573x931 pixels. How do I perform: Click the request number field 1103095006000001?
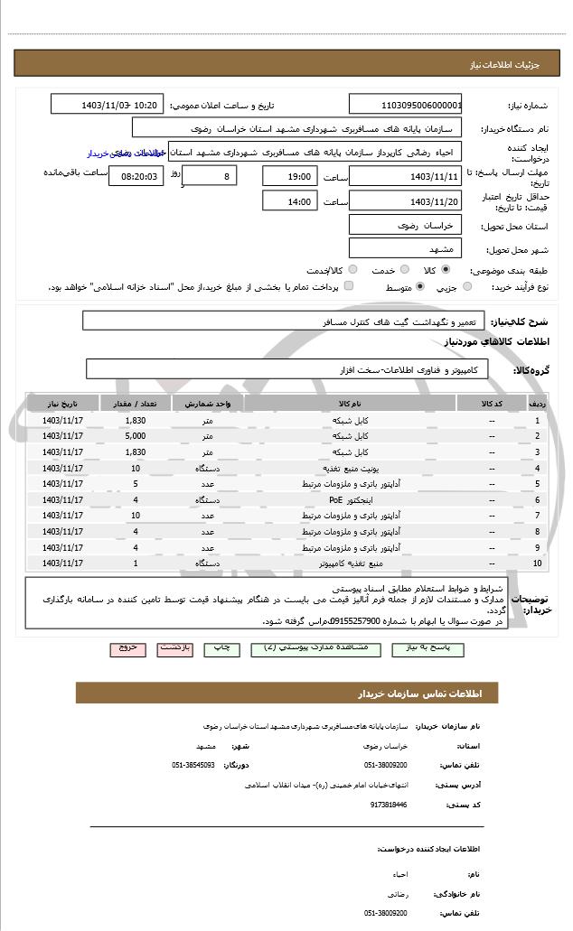(x=406, y=104)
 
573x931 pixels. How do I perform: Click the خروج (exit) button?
(x=127, y=648)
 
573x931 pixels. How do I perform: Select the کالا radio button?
(x=446, y=269)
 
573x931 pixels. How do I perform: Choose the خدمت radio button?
(x=403, y=269)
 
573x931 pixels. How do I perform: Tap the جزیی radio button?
(x=467, y=287)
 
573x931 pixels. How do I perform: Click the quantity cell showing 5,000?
(x=136, y=436)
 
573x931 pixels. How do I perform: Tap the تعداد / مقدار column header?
(x=136, y=403)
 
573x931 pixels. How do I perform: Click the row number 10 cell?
(x=538, y=563)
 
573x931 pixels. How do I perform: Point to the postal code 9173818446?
(x=389, y=804)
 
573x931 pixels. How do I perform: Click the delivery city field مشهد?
(x=405, y=248)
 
